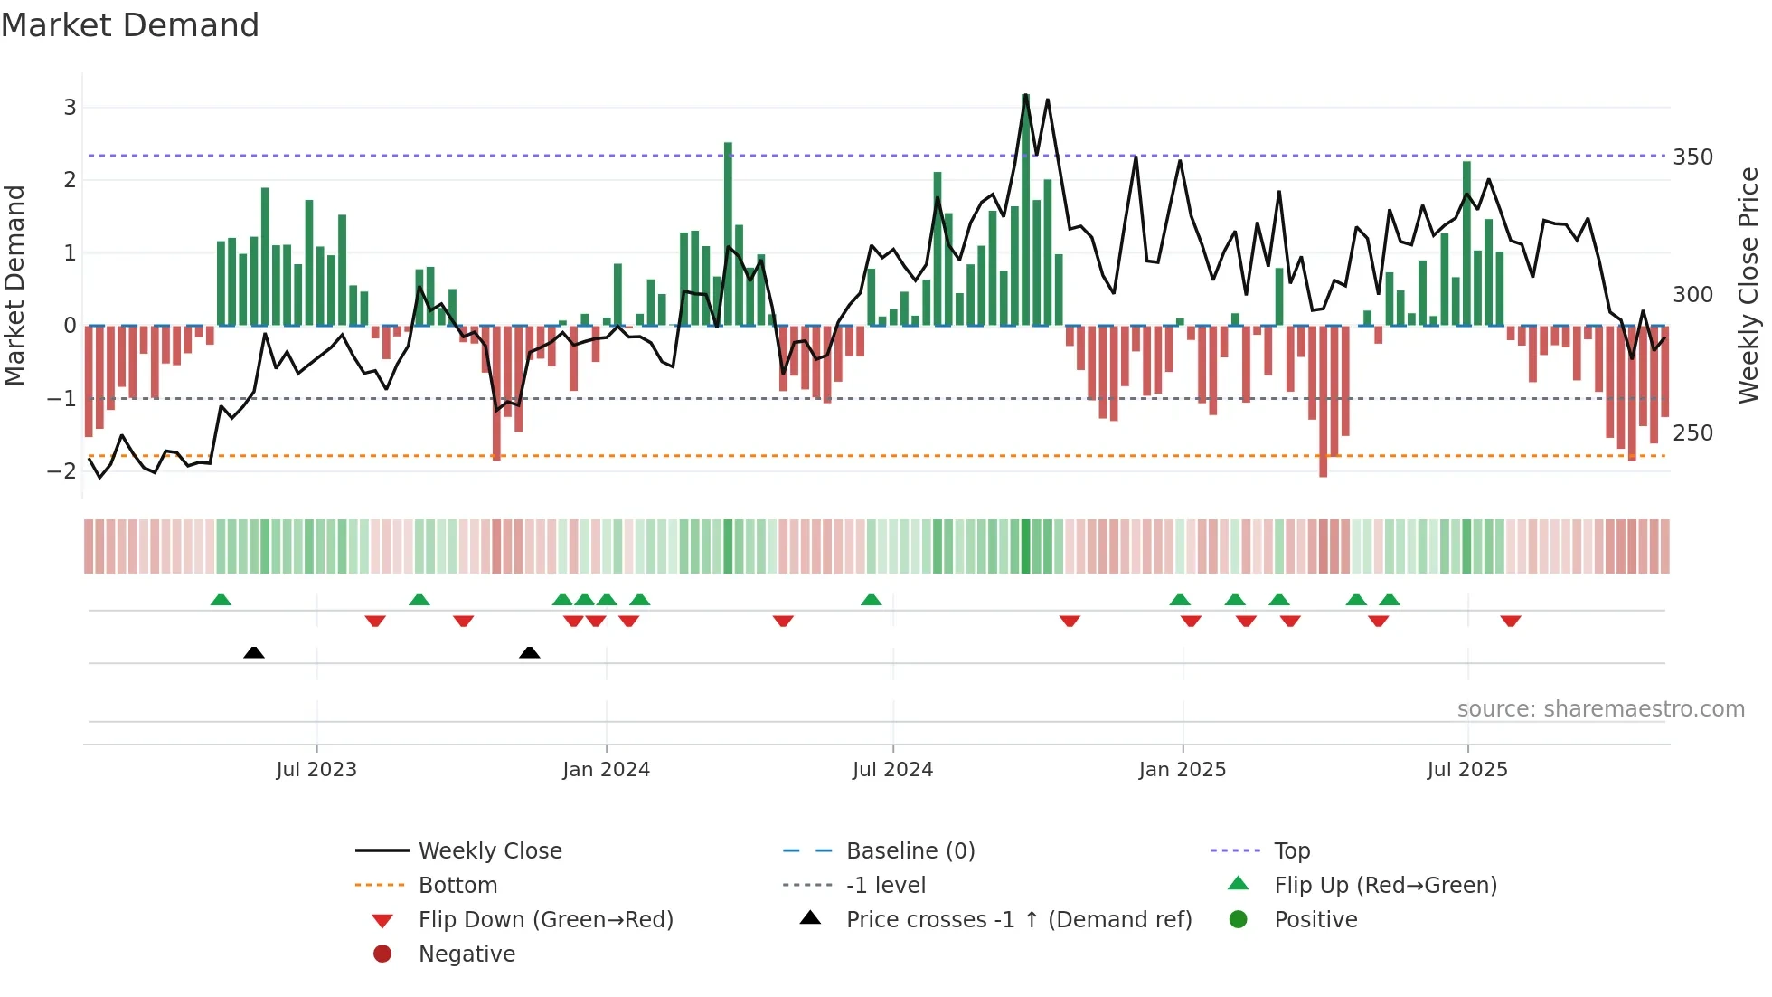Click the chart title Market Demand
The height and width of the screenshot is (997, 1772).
[x=130, y=25]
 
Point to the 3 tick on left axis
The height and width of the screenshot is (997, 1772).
[x=70, y=108]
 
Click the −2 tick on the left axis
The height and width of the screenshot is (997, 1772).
[x=62, y=471]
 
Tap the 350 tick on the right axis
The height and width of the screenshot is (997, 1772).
[x=1692, y=157]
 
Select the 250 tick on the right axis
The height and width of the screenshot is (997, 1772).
[x=1692, y=433]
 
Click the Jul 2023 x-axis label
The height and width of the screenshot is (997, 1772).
[x=316, y=770]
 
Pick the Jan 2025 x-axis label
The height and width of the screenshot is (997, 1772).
[x=1182, y=770]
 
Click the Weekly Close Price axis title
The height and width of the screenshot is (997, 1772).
[x=1748, y=285]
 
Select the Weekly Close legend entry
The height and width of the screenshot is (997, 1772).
[x=489, y=851]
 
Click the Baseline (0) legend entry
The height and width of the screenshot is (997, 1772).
[x=910, y=851]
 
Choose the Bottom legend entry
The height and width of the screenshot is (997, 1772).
[x=457, y=886]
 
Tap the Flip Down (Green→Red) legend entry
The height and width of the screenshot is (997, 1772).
[x=545, y=920]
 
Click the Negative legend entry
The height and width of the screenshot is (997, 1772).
[x=467, y=954]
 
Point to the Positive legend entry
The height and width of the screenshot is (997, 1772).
[x=1315, y=920]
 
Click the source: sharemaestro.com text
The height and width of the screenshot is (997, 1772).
[x=1600, y=709]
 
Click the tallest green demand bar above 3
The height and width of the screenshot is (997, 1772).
[x=1025, y=208]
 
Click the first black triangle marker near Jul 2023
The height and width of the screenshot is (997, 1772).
[x=254, y=652]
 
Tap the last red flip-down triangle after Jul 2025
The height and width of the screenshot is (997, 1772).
[x=1511, y=621]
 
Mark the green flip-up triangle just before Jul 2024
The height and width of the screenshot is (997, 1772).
[x=871, y=600]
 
